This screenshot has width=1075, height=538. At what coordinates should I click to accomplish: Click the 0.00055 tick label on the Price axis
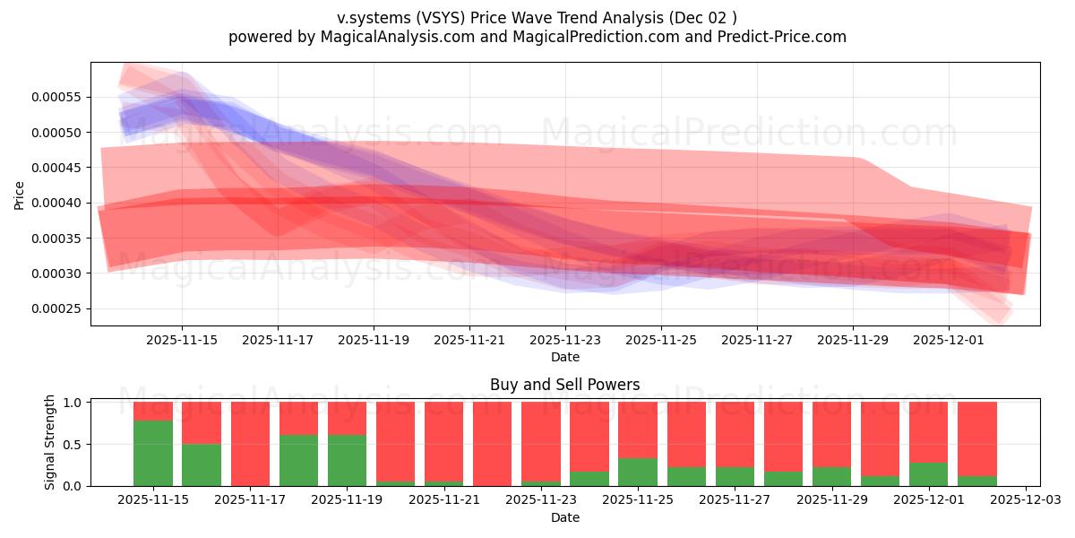pyautogui.click(x=56, y=97)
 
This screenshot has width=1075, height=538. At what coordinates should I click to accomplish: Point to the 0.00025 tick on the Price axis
pyautogui.click(x=56, y=308)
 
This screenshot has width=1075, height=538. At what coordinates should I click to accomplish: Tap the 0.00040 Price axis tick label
pyautogui.click(x=56, y=203)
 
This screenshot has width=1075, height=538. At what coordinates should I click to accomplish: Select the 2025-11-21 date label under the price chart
pyautogui.click(x=469, y=341)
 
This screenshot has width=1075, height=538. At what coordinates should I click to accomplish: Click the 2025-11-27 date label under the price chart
pyautogui.click(x=756, y=341)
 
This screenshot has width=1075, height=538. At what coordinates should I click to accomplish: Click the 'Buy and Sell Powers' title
pyautogui.click(x=564, y=385)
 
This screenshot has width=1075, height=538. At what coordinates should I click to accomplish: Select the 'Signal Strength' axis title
pyautogui.click(x=50, y=442)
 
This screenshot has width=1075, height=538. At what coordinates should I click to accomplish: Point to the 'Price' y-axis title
pyautogui.click(x=20, y=194)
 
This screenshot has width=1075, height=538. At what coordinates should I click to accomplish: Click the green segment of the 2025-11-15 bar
pyautogui.click(x=153, y=453)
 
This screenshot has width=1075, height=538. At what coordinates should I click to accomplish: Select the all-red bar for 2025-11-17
pyautogui.click(x=250, y=444)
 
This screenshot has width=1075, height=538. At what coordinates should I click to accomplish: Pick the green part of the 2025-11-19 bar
pyautogui.click(x=347, y=460)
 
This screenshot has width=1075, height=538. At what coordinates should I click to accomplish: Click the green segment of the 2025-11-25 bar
pyautogui.click(x=638, y=472)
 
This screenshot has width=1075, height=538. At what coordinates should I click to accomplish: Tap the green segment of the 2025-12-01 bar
pyautogui.click(x=928, y=473)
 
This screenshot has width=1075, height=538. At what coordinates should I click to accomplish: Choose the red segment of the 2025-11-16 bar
pyautogui.click(x=202, y=422)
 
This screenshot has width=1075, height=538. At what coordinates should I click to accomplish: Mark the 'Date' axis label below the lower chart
pyautogui.click(x=564, y=517)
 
